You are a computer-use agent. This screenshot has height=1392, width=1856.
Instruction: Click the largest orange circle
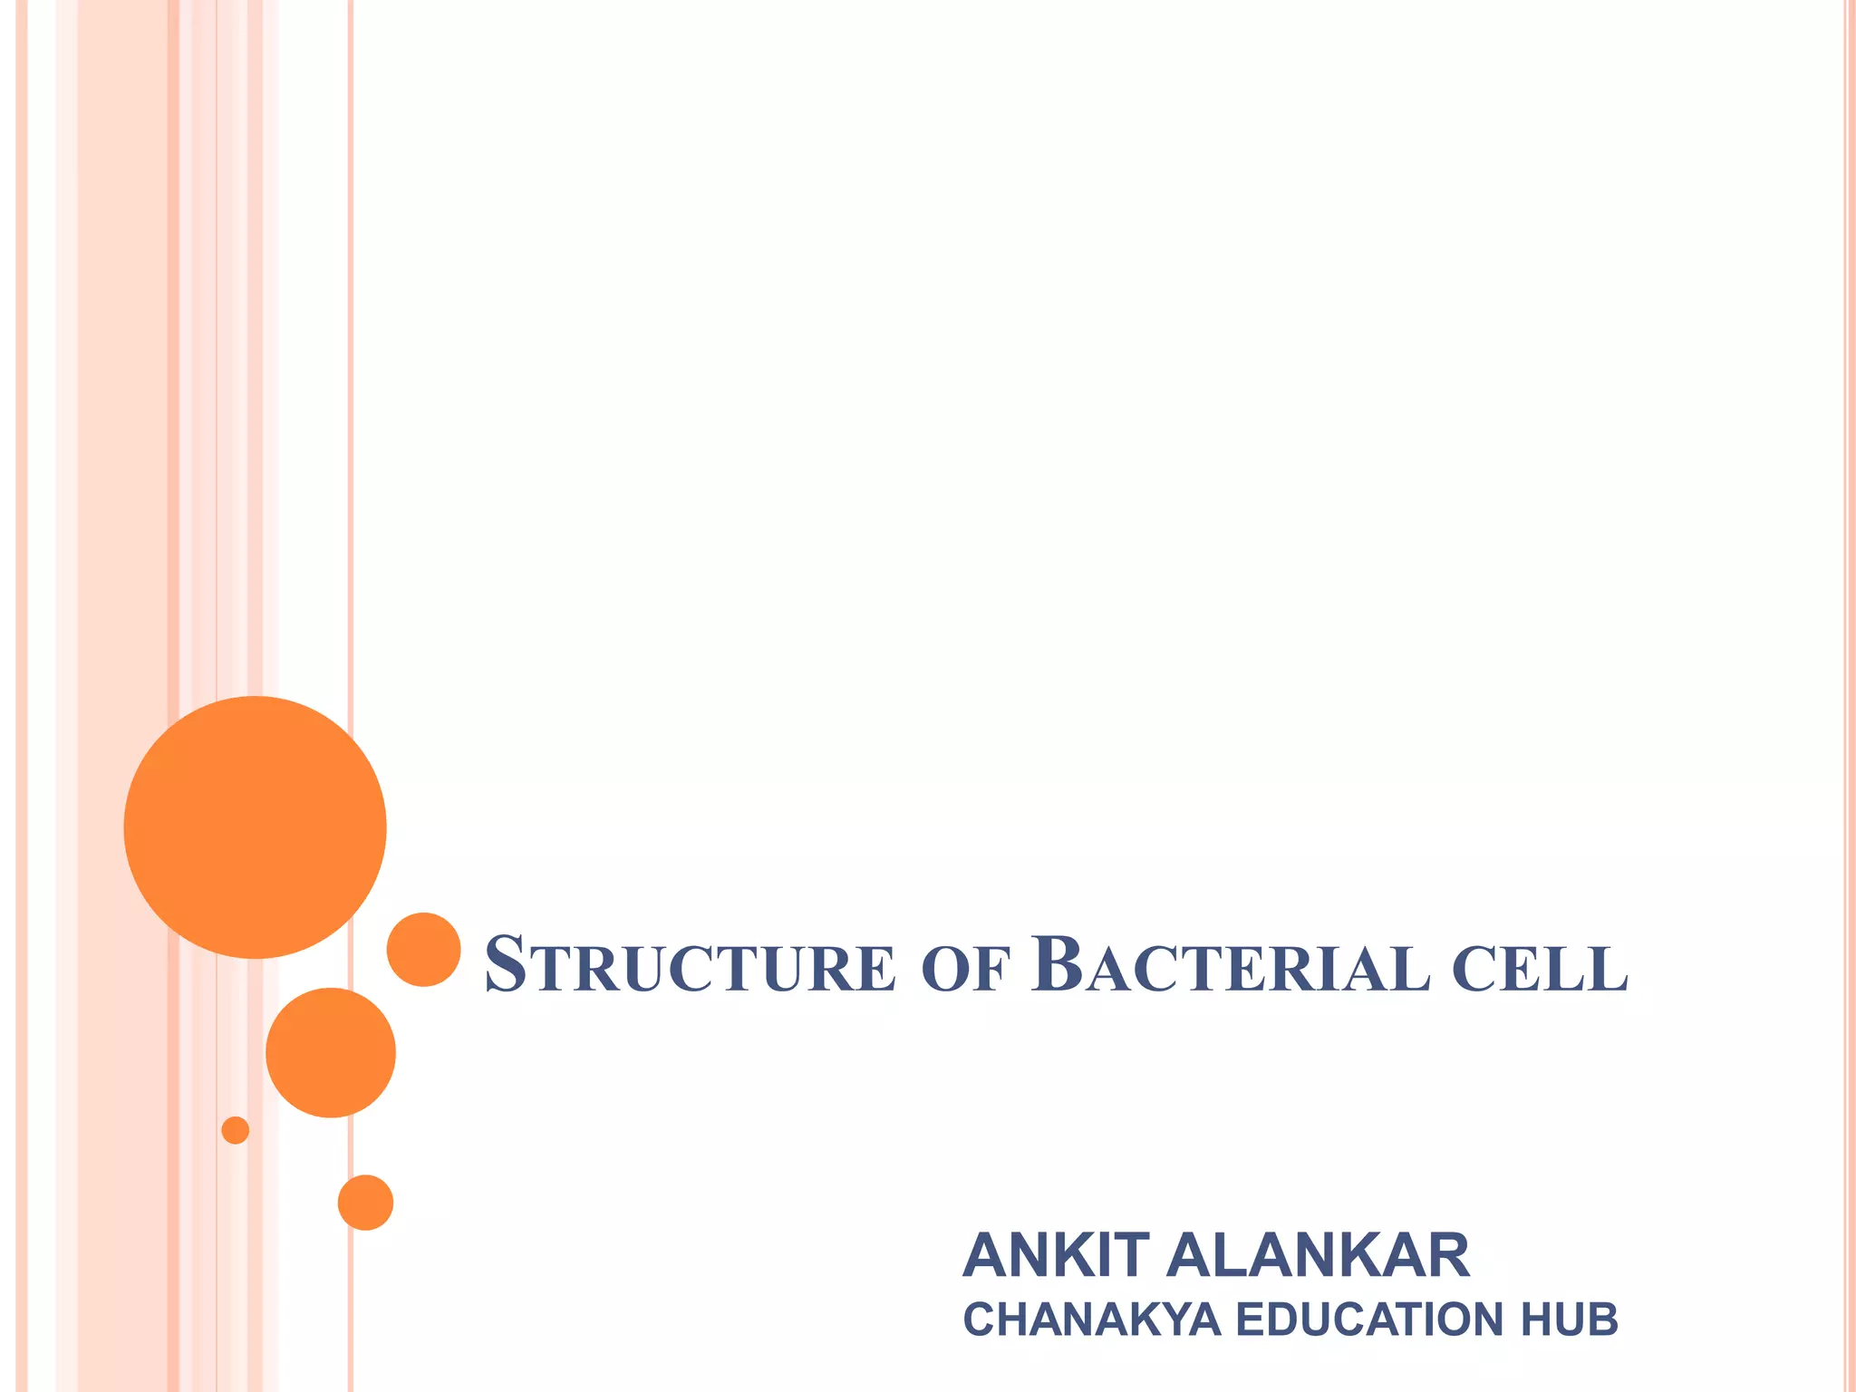pyautogui.click(x=255, y=826)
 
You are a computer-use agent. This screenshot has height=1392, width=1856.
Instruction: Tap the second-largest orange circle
pyautogui.click(x=331, y=1052)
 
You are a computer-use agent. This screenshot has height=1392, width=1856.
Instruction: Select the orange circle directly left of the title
pyautogui.click(x=423, y=949)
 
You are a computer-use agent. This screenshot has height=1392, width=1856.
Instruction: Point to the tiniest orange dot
pyautogui.click(x=236, y=1130)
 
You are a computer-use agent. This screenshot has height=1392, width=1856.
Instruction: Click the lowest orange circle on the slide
pyautogui.click(x=365, y=1203)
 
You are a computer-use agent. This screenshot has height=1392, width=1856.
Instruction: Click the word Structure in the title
pyautogui.click(x=690, y=966)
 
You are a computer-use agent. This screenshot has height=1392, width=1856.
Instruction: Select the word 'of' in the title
pyautogui.click(x=964, y=968)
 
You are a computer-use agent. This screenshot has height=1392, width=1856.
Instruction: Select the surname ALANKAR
pyautogui.click(x=1318, y=1256)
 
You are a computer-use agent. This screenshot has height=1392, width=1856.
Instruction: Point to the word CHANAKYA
pyautogui.click(x=1092, y=1319)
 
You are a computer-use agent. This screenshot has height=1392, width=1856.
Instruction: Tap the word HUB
pyautogui.click(x=1569, y=1319)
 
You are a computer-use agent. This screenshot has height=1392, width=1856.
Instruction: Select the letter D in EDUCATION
pyautogui.click(x=1282, y=1319)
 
